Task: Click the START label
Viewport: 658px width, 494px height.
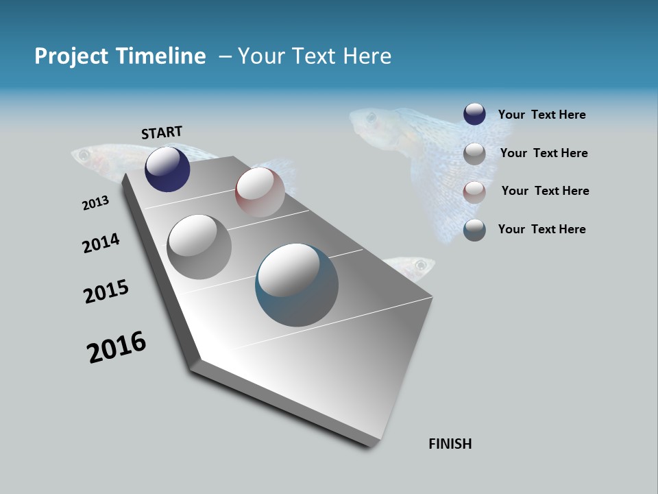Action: [x=162, y=132]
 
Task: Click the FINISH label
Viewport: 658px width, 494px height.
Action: [x=450, y=444]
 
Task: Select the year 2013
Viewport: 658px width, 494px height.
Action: [x=95, y=202]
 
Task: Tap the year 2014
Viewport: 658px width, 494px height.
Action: [x=101, y=243]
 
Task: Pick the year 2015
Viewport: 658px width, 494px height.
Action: [x=106, y=292]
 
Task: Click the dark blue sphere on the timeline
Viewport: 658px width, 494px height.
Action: [x=167, y=169]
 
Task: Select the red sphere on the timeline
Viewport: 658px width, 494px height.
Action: [x=260, y=192]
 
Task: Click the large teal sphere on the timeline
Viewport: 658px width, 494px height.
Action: [x=297, y=285]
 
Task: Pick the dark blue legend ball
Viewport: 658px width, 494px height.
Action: [x=474, y=114]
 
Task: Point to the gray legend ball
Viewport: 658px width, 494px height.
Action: [x=474, y=153]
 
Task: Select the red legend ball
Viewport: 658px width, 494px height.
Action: [x=474, y=191]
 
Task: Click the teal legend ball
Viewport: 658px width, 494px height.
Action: [x=474, y=230]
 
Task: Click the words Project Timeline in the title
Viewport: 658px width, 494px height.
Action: [x=120, y=56]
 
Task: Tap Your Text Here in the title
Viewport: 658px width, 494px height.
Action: [x=314, y=56]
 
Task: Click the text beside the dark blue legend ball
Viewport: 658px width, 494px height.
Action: [x=541, y=115]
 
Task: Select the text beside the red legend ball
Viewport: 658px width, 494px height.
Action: [x=545, y=191]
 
